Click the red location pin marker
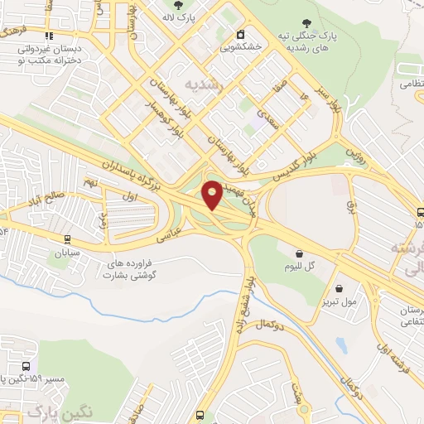pyautogui.click(x=213, y=195)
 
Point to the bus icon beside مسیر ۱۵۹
pyautogui.click(x=27, y=364)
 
